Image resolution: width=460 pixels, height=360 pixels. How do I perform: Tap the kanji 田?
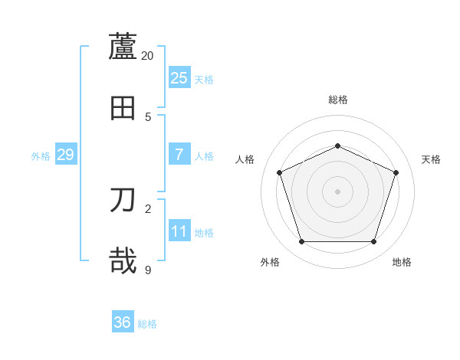[123, 107]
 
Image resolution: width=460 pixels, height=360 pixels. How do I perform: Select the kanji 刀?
[123, 200]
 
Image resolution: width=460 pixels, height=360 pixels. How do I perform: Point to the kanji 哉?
[123, 260]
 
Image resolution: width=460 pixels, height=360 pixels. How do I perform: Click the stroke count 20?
[148, 55]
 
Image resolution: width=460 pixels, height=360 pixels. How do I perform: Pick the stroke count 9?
[148, 270]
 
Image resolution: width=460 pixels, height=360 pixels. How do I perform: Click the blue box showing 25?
[179, 78]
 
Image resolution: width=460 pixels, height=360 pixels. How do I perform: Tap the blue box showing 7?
[179, 155]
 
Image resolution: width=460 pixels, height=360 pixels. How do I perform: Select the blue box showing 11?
[179, 231]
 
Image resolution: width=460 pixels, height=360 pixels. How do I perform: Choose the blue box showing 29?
[66, 155]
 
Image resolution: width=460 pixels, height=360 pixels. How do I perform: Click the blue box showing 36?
[123, 322]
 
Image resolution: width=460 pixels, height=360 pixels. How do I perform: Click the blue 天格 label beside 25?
[204, 80]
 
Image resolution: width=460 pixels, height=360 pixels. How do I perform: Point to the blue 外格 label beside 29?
[41, 156]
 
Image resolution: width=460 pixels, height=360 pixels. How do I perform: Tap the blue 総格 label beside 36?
[147, 324]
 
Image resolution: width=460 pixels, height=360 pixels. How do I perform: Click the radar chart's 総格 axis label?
[338, 100]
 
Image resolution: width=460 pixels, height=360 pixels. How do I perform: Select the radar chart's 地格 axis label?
[402, 262]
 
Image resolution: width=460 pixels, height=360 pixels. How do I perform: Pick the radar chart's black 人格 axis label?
[245, 159]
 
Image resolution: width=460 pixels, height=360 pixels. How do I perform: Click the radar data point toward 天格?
[396, 172]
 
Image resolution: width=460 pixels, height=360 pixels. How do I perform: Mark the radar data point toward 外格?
[301, 242]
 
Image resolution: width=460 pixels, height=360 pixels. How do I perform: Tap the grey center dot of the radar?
[338, 191]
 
